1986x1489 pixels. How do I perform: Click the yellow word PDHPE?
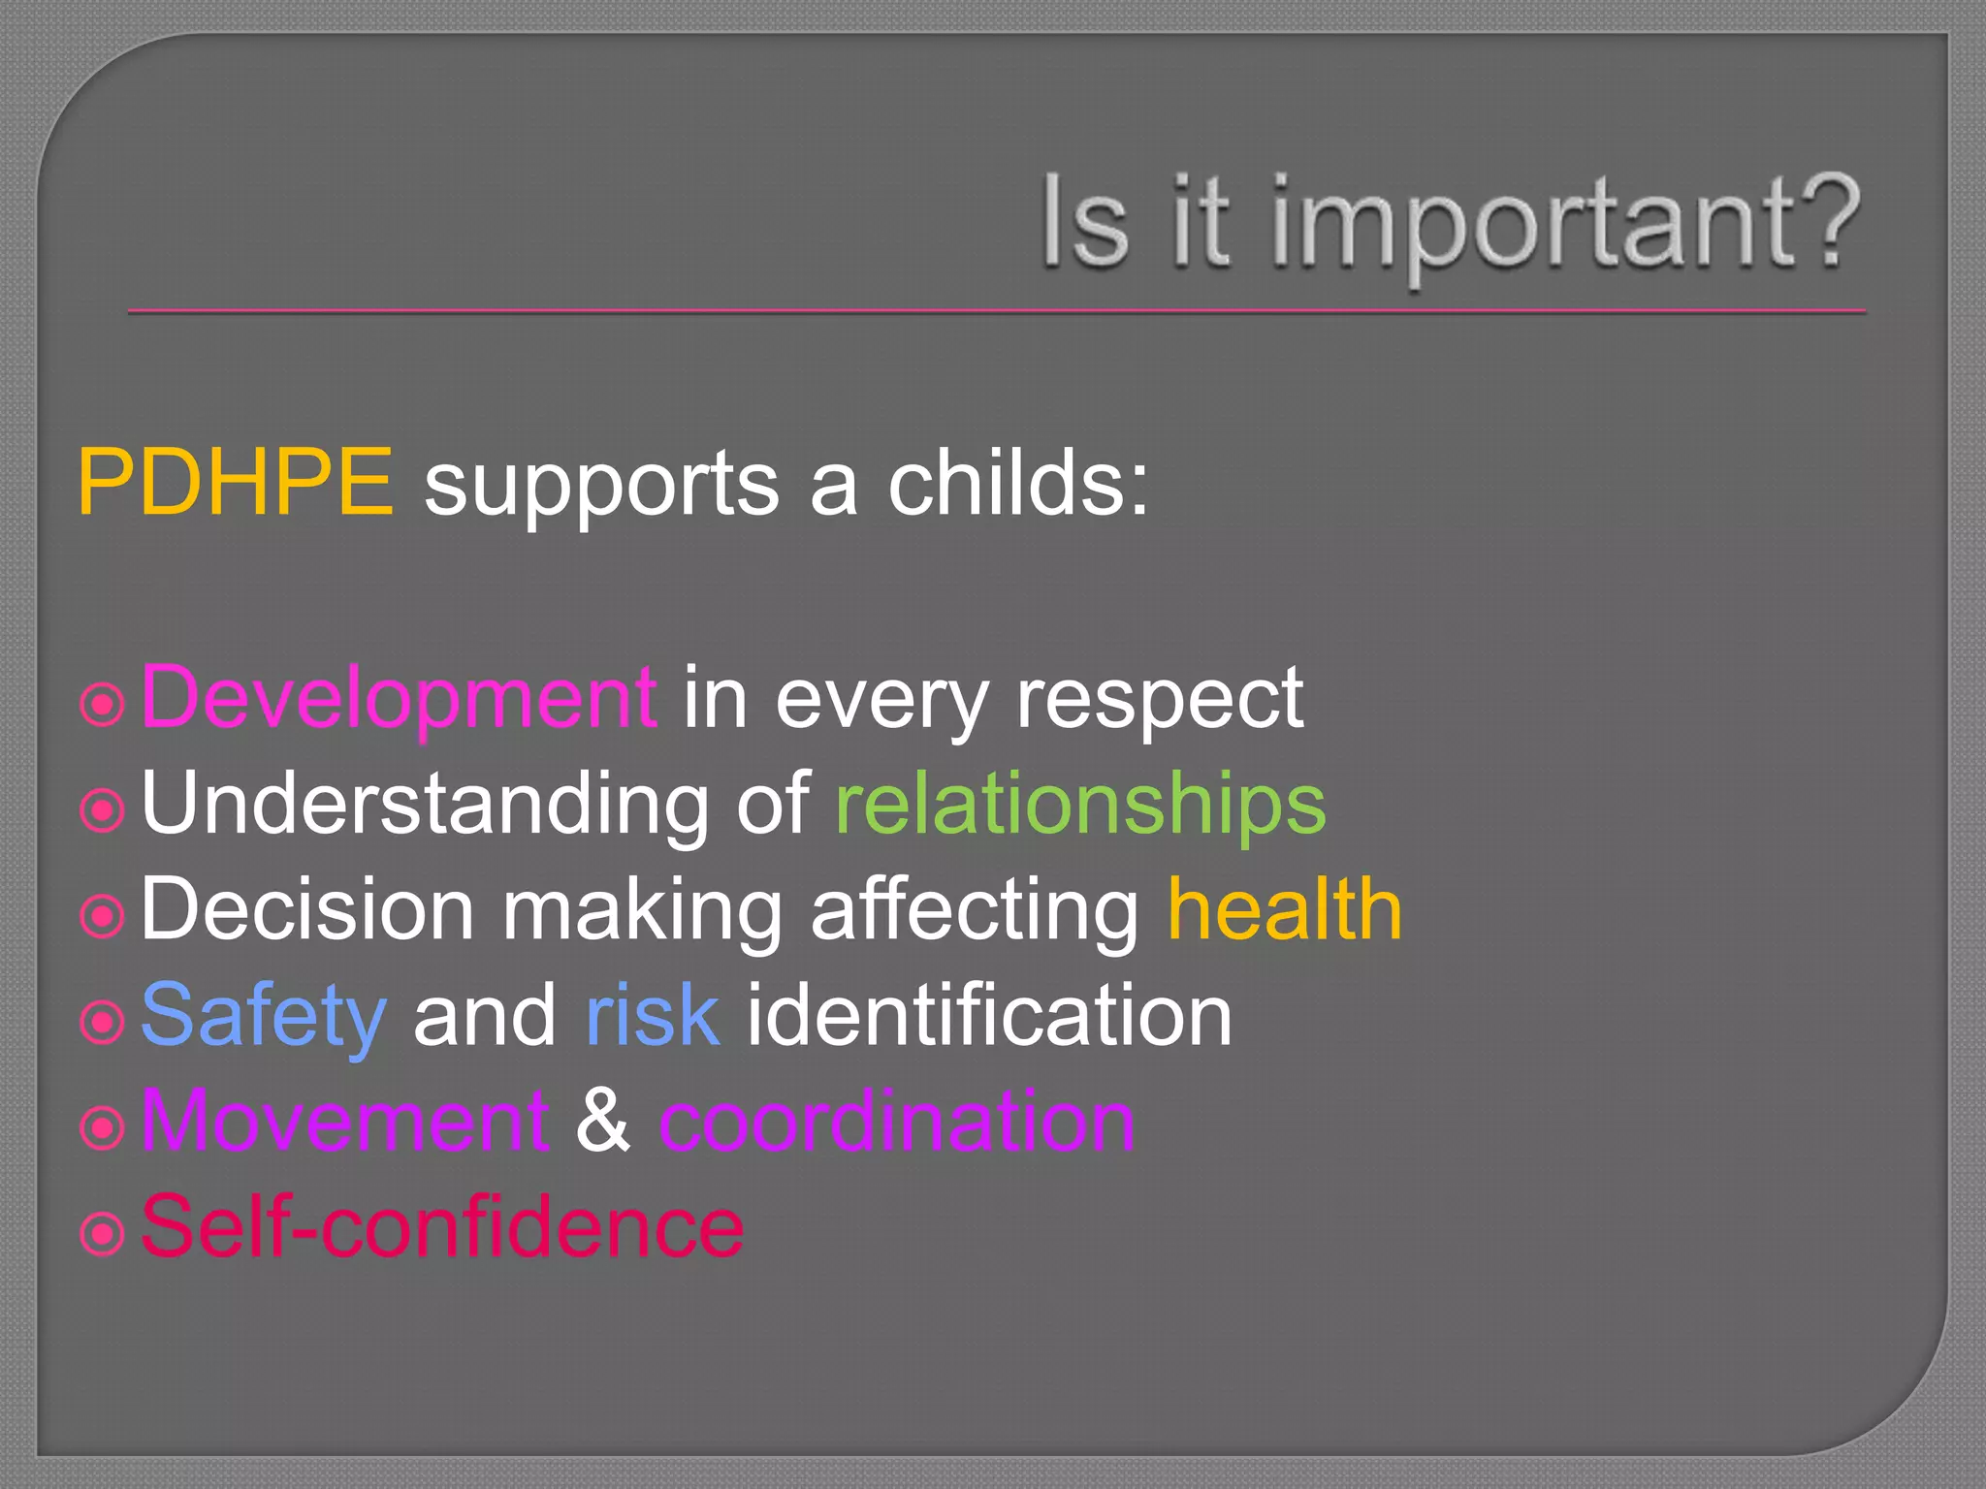click(236, 482)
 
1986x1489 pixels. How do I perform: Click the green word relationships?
click(1079, 805)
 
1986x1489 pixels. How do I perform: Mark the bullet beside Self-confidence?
click(102, 1234)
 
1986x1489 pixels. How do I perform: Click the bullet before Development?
click(102, 705)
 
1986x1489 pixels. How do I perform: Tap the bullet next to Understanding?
click(102, 810)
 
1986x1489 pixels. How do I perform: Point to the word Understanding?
click(425, 805)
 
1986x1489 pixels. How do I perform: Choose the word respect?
click(1159, 700)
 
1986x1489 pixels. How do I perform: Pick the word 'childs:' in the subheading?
click(1018, 482)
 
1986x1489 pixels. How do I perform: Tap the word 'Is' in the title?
click(1085, 225)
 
